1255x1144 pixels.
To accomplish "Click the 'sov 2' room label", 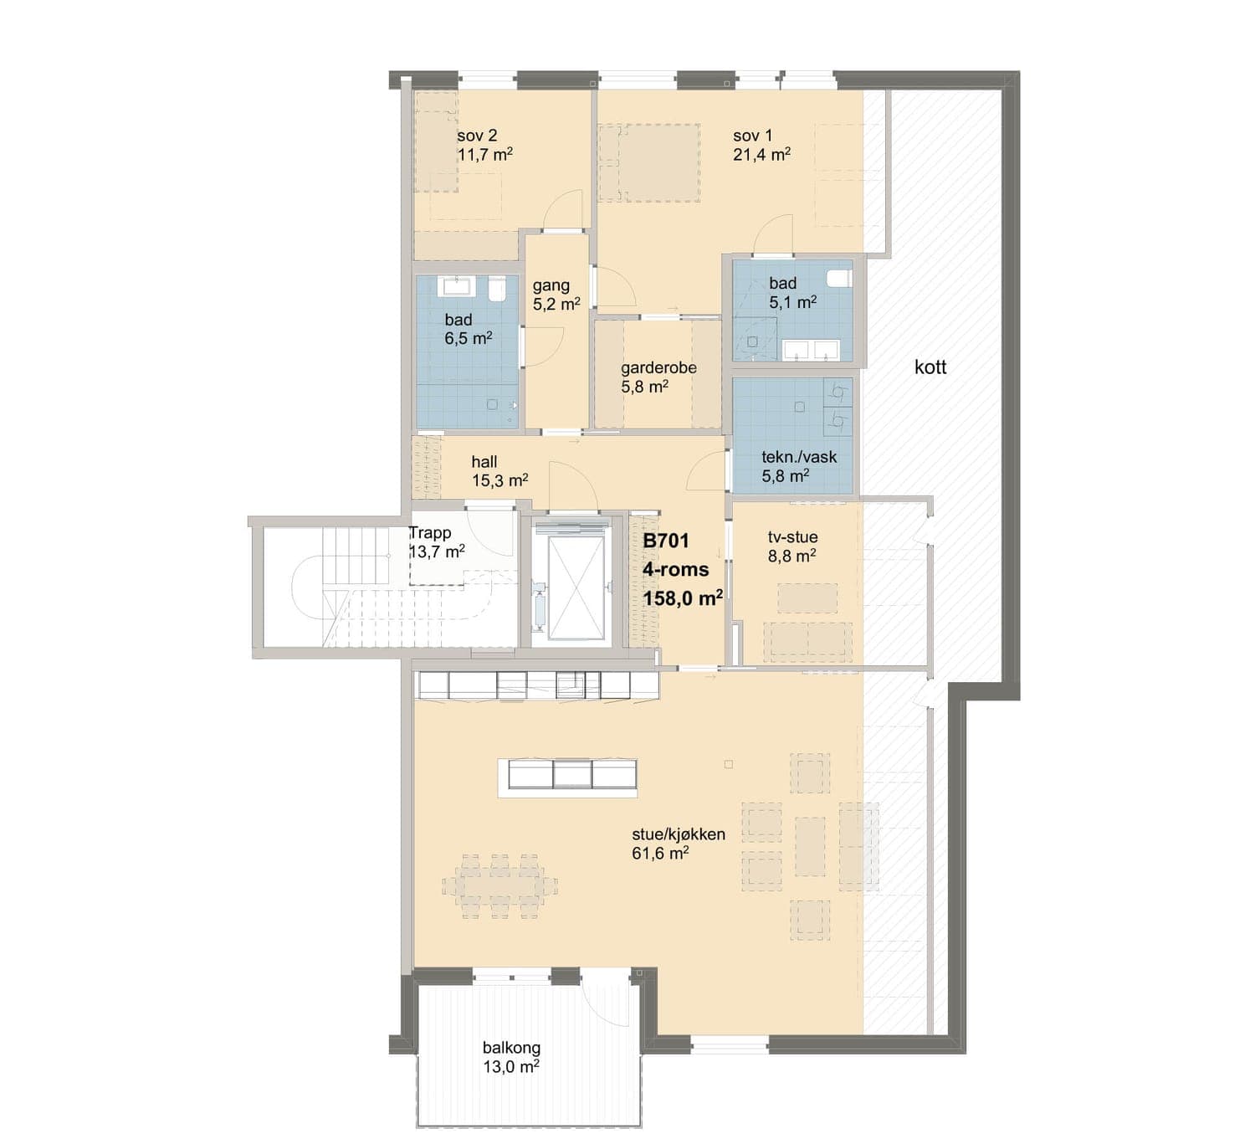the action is tap(477, 136).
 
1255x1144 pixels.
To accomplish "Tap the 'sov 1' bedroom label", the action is tap(753, 136).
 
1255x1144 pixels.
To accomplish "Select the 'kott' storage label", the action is tap(930, 367).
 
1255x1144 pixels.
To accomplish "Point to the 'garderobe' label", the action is tap(658, 367).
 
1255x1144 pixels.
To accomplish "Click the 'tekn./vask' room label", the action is tap(799, 457).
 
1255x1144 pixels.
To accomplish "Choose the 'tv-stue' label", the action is tap(792, 537).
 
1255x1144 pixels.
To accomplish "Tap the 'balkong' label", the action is tap(511, 1048).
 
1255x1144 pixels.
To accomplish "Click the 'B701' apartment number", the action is tap(666, 541).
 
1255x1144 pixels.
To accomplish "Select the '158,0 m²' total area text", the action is tap(683, 598).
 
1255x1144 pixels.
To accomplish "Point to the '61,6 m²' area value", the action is tap(661, 853).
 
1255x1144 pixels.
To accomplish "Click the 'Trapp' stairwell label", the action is tap(430, 533).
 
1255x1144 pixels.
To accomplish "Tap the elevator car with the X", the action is tap(576, 587).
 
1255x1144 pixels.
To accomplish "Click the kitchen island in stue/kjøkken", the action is tap(567, 778).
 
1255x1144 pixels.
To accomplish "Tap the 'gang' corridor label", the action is tap(551, 286).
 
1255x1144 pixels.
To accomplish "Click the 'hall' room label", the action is tap(484, 462).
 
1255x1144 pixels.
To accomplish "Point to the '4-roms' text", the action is tap(676, 570).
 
